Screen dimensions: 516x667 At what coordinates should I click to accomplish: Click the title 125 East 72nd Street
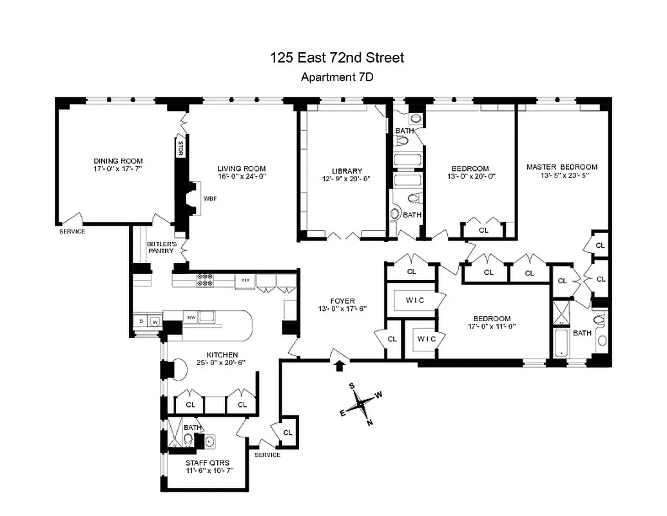[x=337, y=57]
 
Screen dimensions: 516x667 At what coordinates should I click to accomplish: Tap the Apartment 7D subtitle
[x=337, y=77]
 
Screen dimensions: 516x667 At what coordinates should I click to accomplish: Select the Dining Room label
[x=118, y=161]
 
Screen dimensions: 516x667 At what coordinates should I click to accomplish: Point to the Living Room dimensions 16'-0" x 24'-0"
[x=242, y=176]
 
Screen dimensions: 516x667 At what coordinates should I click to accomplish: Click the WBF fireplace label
[x=210, y=199]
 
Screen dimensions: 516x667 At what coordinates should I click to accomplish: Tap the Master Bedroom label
[x=561, y=166]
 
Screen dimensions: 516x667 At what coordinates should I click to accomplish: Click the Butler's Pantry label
[x=160, y=247]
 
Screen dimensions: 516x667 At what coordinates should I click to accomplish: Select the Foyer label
[x=343, y=300]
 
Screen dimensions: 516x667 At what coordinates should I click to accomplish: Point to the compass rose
[x=361, y=406]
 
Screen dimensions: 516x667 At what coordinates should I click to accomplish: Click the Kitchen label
[x=222, y=355]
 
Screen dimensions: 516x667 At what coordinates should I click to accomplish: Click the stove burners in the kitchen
[x=205, y=280]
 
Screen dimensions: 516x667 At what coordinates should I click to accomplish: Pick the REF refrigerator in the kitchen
[x=245, y=281]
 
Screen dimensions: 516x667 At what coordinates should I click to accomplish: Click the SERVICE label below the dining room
[x=72, y=231]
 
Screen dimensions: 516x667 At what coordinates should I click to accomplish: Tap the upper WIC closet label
[x=415, y=301]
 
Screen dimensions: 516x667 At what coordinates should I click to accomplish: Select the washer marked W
[x=155, y=321]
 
